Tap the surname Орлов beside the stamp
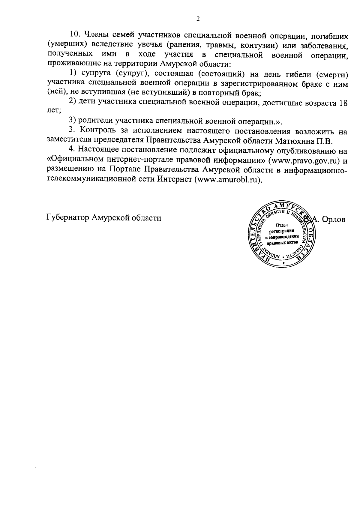point(334,219)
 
